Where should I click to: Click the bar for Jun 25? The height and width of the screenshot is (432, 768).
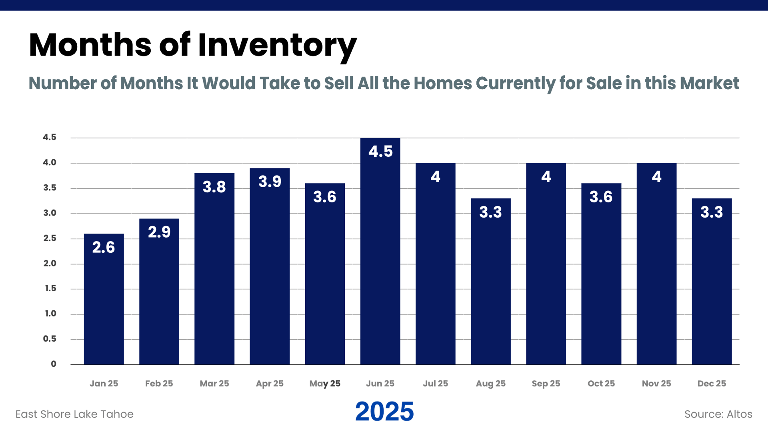(380, 256)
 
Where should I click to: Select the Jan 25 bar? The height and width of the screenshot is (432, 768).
(104, 304)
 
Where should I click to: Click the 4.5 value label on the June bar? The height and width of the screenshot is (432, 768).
(380, 152)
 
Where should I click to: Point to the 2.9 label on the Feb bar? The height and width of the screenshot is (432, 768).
(159, 232)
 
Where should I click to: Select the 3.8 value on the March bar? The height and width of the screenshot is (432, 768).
(214, 187)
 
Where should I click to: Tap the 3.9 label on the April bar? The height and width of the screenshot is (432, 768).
(270, 182)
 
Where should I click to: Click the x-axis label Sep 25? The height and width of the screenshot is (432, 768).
(546, 383)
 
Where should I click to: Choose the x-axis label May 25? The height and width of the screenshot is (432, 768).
(325, 383)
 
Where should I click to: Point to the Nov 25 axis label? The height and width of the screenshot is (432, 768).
(656, 383)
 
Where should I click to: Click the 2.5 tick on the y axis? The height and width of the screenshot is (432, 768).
(50, 238)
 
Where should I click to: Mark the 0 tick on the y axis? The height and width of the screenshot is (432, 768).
(53, 364)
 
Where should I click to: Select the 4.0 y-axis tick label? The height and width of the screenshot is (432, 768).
(50, 162)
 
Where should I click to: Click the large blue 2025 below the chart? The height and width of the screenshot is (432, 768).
(384, 411)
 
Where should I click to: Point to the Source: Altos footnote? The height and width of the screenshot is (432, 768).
(718, 414)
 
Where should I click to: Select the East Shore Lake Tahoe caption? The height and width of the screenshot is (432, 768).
(74, 414)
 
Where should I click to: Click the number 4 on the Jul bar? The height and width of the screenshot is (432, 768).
(435, 177)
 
